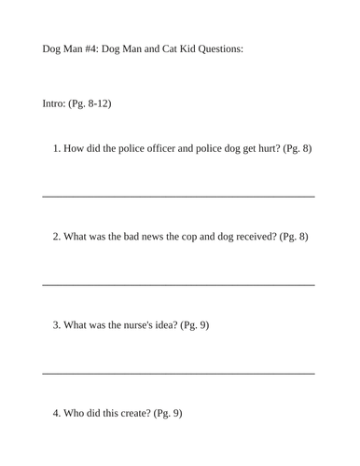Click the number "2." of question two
coord(57,236)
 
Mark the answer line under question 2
coord(178,284)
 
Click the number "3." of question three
coord(57,324)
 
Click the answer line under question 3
coord(178,373)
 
